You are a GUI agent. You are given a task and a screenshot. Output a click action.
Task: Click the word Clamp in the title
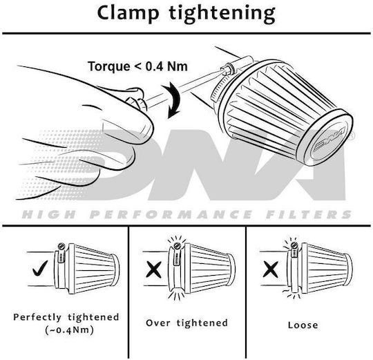pyautogui.click(x=128, y=13)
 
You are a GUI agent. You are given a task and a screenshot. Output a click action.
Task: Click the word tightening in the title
pyautogui.click(x=222, y=15)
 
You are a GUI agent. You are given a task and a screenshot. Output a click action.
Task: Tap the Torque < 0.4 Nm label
pyautogui.click(x=137, y=66)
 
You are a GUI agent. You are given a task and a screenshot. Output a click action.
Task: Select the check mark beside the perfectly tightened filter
pyautogui.click(x=40, y=268)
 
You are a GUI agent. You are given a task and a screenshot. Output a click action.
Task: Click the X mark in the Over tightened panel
pyautogui.click(x=153, y=269)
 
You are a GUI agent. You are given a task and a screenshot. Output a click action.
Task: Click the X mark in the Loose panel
pyautogui.click(x=271, y=269)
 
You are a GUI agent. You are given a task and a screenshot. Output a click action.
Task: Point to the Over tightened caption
pyautogui.click(x=187, y=323)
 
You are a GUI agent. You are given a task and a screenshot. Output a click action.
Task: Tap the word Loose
pyautogui.click(x=303, y=325)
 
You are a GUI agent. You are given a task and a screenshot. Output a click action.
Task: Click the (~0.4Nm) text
pyautogui.click(x=69, y=330)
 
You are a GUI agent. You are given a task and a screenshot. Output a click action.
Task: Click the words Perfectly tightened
pyautogui.click(x=66, y=317)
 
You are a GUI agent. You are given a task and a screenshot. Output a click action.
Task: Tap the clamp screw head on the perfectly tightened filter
pyautogui.click(x=61, y=246)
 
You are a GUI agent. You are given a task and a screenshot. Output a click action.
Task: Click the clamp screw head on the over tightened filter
pyautogui.click(x=177, y=246)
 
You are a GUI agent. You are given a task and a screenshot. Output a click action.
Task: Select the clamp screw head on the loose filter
pyautogui.click(x=294, y=245)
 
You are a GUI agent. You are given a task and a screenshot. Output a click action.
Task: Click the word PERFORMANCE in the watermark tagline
pyautogui.click(x=171, y=214)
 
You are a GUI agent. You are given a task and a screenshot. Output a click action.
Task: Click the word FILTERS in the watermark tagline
pyautogui.click(x=309, y=214)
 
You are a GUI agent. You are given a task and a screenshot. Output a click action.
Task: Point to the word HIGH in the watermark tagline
pyautogui.click(x=49, y=214)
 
